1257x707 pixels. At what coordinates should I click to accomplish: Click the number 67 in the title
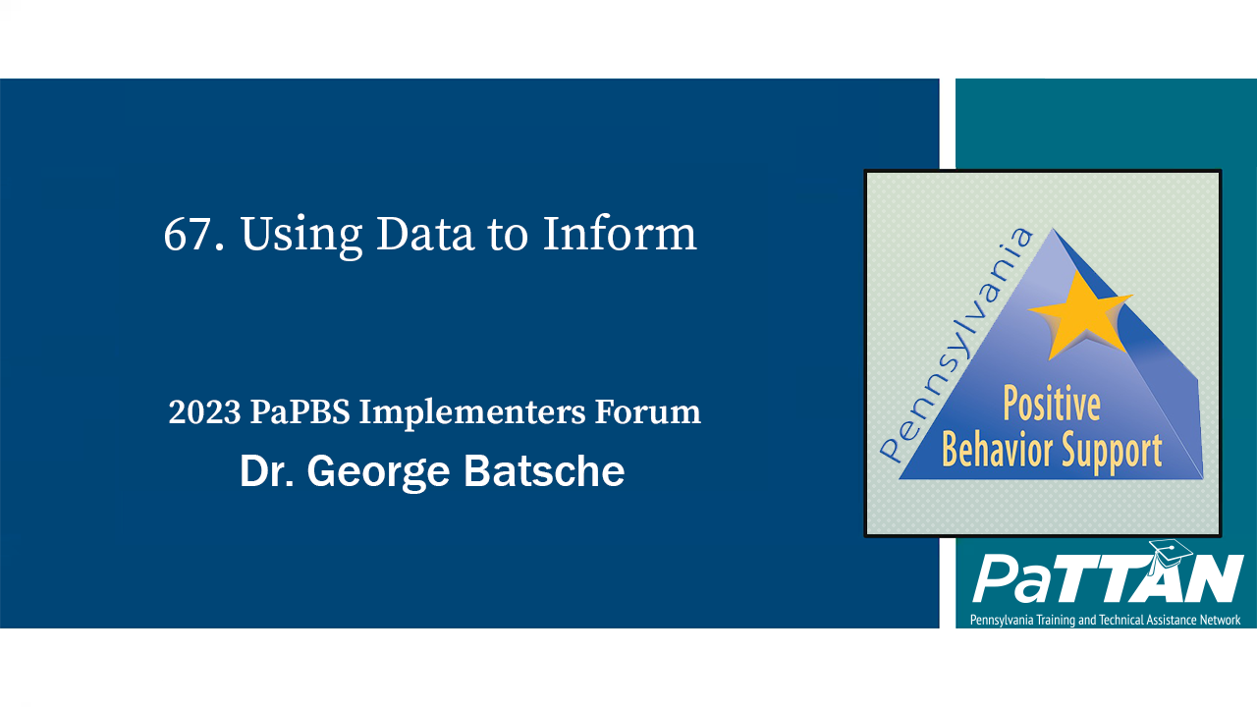click(x=185, y=235)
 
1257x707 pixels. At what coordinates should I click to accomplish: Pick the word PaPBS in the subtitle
click(x=300, y=412)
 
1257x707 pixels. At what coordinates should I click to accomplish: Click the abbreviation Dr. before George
click(x=267, y=472)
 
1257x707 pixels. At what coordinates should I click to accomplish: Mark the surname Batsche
click(x=544, y=472)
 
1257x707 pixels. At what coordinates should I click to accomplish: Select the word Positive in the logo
click(x=1051, y=405)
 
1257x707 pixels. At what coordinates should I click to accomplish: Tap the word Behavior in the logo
click(x=993, y=450)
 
